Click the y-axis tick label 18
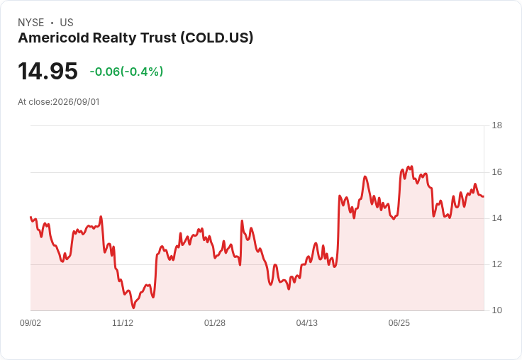pyautogui.click(x=496, y=125)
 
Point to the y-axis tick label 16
pyautogui.click(x=496, y=172)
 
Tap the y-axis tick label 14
pyautogui.click(x=496, y=218)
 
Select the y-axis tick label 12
pyautogui.click(x=496, y=264)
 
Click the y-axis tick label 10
pyautogui.click(x=496, y=310)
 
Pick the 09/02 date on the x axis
pyautogui.click(x=30, y=323)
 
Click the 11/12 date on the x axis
pyautogui.click(x=123, y=323)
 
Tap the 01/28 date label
pyautogui.click(x=215, y=323)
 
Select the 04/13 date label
pyautogui.click(x=307, y=323)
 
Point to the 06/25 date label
pyautogui.click(x=399, y=323)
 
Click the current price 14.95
pyautogui.click(x=48, y=71)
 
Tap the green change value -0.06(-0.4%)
pyautogui.click(x=126, y=72)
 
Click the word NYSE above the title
pyautogui.click(x=31, y=23)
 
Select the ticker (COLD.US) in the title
pyautogui.click(x=217, y=38)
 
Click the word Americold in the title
pyautogui.click(x=54, y=38)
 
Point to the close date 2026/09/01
pyautogui.click(x=76, y=102)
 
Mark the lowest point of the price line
pyautogui.click(x=133, y=308)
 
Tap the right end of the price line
pyautogui.click(x=484, y=196)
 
